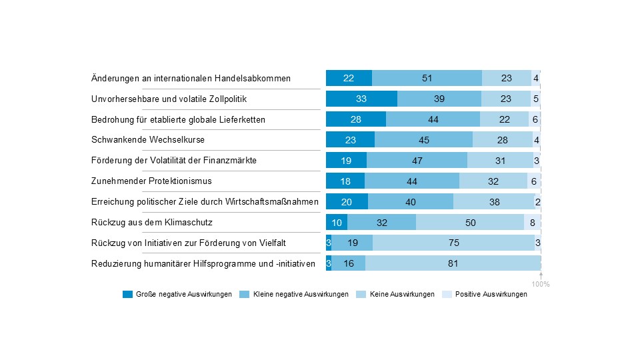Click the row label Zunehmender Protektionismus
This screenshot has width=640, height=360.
click(x=146, y=181)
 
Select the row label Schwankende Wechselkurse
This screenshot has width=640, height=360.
click(x=147, y=140)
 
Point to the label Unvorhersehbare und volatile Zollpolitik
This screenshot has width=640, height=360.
click(x=169, y=99)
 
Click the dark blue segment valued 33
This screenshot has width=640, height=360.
click(x=361, y=99)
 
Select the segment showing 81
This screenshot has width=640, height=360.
click(x=453, y=263)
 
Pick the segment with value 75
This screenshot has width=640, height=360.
click(x=453, y=243)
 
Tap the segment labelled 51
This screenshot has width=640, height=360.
click(x=427, y=78)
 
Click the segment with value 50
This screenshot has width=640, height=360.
click(x=470, y=222)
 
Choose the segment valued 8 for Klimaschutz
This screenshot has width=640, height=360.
click(x=532, y=222)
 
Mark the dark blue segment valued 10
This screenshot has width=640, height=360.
click(x=337, y=222)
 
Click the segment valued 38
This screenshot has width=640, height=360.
click(x=494, y=201)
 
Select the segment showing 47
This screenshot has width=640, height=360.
click(x=417, y=161)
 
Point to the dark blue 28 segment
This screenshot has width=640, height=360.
click(x=356, y=119)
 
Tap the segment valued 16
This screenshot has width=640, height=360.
click(x=349, y=263)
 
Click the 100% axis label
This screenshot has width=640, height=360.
click(x=541, y=285)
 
